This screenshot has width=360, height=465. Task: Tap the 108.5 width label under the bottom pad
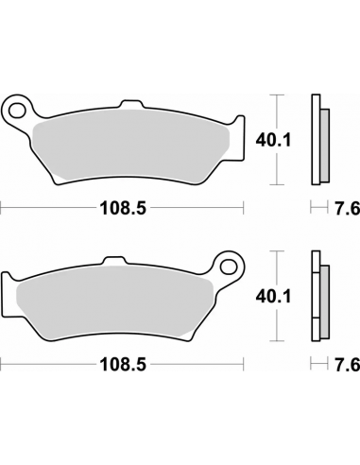[124, 363]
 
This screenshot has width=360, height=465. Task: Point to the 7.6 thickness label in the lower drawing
[345, 363]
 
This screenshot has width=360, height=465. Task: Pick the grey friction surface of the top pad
[132, 142]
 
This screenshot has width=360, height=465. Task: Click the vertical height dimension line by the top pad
[276, 139]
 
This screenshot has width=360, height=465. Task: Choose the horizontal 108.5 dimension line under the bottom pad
[57, 363]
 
